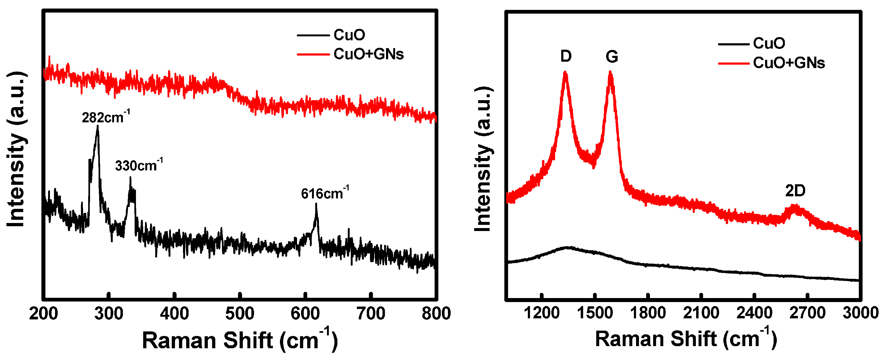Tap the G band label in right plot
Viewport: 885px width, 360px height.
pos(612,56)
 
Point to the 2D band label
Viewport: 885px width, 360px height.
pos(795,191)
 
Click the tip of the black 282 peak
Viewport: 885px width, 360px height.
pos(98,126)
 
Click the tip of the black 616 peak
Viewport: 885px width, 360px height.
pos(316,204)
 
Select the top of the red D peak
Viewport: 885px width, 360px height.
pos(565,72)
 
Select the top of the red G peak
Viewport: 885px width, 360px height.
pos(610,72)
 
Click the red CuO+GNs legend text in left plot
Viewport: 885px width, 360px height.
pos(368,54)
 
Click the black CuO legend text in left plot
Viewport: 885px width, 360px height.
pos(349,35)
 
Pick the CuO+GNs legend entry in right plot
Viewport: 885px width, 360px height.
pos(789,63)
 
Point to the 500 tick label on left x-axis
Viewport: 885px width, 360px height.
pos(240,314)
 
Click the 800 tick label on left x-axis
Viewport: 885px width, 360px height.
pos(436,314)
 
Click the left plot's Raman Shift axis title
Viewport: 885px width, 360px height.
pos(240,340)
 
